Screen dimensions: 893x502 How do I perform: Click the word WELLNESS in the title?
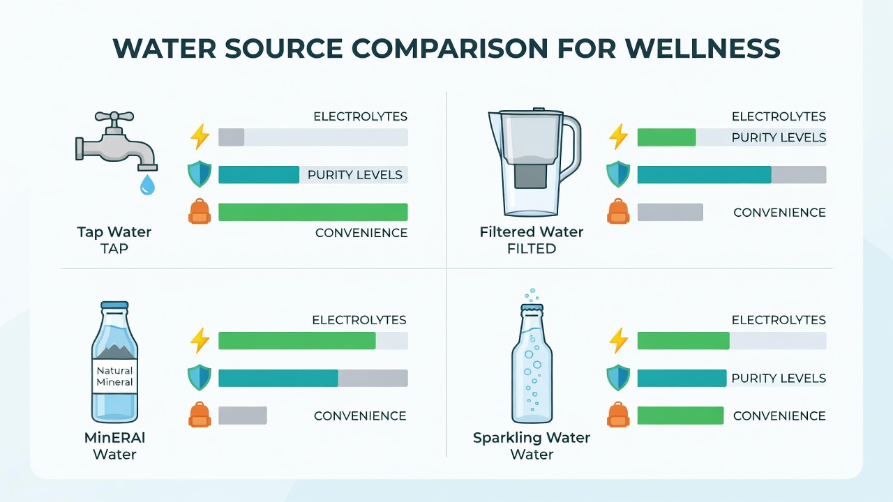click(703, 49)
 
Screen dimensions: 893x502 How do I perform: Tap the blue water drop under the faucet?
click(147, 185)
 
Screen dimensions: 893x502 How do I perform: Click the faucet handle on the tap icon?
click(114, 116)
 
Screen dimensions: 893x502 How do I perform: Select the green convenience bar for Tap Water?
click(313, 212)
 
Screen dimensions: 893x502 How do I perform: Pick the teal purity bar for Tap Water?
click(259, 175)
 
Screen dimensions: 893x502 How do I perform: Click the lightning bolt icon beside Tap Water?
click(200, 137)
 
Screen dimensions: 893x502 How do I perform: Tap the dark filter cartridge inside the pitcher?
click(530, 176)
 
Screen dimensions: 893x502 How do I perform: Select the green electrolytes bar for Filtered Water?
click(666, 137)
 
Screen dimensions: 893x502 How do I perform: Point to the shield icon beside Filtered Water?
click(618, 174)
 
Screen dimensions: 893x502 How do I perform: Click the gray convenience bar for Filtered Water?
click(670, 212)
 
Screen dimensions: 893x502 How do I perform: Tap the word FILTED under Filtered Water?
click(532, 249)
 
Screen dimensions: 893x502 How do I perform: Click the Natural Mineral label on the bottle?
click(115, 376)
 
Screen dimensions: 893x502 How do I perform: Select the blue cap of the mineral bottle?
click(115, 305)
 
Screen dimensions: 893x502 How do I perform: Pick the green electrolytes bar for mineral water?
click(297, 341)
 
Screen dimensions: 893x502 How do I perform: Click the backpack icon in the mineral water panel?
click(200, 415)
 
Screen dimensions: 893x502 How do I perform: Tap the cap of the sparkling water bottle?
click(532, 308)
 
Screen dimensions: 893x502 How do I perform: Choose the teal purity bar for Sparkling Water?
click(682, 378)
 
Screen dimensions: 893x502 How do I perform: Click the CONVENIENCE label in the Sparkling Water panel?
click(779, 416)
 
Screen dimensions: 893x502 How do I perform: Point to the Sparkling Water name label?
click(532, 438)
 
